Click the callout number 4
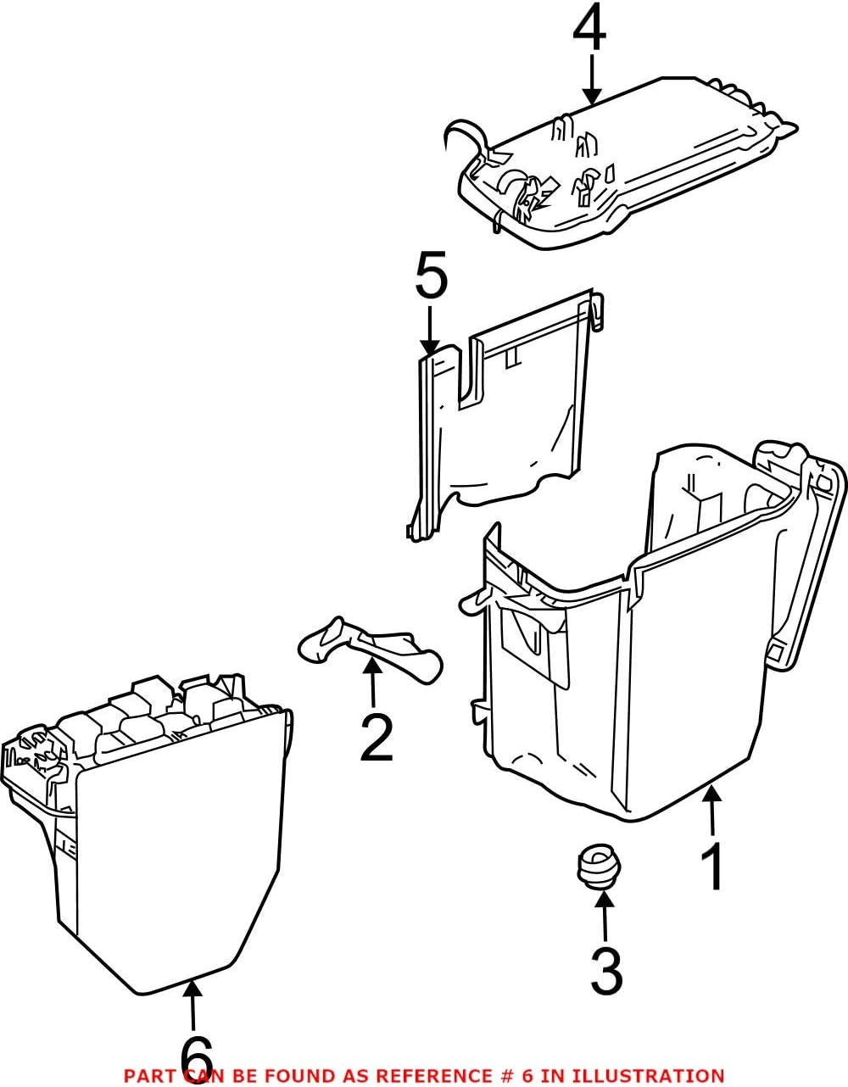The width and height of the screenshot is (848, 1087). (589, 31)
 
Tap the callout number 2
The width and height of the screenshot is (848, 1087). (376, 738)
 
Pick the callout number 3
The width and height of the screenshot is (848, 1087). (605, 971)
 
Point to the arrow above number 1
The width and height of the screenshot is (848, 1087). (712, 810)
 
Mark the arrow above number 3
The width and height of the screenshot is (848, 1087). (603, 916)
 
